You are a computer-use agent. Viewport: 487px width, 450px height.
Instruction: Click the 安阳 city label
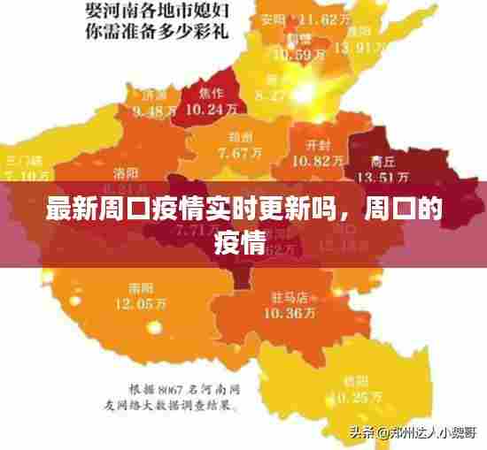(274, 19)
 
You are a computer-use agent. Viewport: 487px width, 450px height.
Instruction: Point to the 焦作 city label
(211, 94)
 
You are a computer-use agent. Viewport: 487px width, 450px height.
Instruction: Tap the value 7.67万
(240, 152)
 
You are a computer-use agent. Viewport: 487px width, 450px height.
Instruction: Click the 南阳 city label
(140, 288)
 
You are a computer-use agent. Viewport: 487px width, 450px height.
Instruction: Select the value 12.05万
(140, 303)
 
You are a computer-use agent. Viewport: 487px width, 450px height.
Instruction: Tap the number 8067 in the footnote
(168, 390)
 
